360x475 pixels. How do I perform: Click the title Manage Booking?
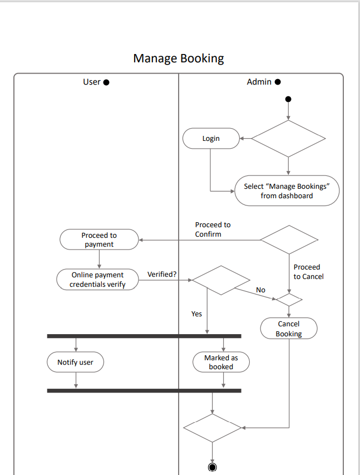pos(179,58)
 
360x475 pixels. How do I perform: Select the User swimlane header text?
pos(91,82)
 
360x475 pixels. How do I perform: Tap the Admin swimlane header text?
pos(259,82)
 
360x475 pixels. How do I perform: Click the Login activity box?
pos(211,139)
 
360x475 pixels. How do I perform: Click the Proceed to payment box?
pos(99,239)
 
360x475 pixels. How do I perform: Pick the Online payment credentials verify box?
pos(97,280)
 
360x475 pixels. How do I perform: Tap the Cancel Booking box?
pos(289,329)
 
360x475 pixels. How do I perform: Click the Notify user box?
pos(76,363)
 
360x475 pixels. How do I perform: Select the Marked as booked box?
pos(221,363)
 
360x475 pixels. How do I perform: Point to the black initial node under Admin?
pos(288,100)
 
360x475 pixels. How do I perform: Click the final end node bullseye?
pos(212,467)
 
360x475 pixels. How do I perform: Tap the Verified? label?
pos(162,275)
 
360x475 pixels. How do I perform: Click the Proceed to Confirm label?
pos(213,229)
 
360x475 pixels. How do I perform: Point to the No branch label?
pos(260,290)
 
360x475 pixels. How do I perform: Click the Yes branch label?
pos(196,314)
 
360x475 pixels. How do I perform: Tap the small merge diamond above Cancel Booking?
pos(289,300)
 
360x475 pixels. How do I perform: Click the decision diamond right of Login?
pos(288,139)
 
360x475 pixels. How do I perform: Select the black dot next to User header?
pos(106,82)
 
